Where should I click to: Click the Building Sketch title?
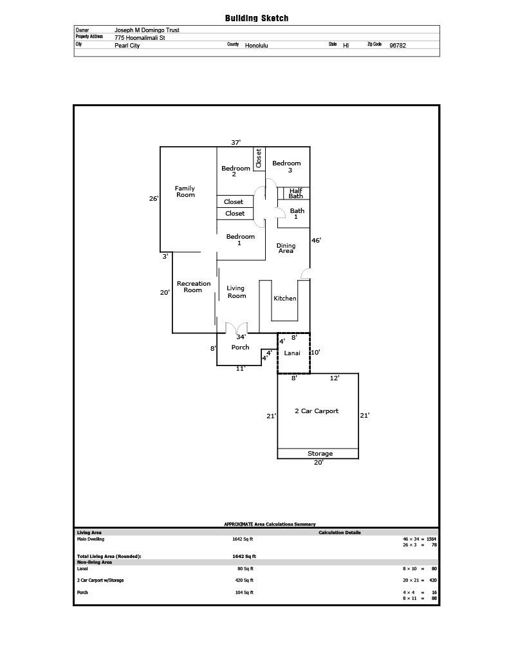pyautogui.click(x=256, y=18)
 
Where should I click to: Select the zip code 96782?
pyautogui.click(x=398, y=46)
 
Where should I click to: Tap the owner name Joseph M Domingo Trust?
pyautogui.click(x=147, y=30)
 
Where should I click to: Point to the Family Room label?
pyautogui.click(x=185, y=192)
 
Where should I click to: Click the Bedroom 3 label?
pyautogui.click(x=286, y=167)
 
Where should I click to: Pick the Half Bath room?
pyautogui.click(x=296, y=193)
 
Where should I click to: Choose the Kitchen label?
pyautogui.click(x=285, y=299)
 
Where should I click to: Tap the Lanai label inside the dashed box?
pyautogui.click(x=292, y=353)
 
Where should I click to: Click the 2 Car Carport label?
pyautogui.click(x=317, y=411)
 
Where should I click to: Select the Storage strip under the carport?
pyautogui.click(x=318, y=454)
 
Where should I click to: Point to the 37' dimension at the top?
pyautogui.click(x=236, y=142)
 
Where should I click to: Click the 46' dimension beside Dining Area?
pyautogui.click(x=316, y=241)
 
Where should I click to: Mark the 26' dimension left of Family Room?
pyautogui.click(x=154, y=198)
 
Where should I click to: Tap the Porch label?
pyautogui.click(x=241, y=347)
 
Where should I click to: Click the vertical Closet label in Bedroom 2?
pyautogui.click(x=259, y=158)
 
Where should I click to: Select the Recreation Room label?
pyautogui.click(x=193, y=286)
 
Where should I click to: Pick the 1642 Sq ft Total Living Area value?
pyautogui.click(x=244, y=557)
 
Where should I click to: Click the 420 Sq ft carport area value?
pyautogui.click(x=244, y=580)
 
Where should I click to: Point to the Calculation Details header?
pyautogui.click(x=340, y=532)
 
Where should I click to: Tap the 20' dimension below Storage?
pyautogui.click(x=319, y=462)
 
